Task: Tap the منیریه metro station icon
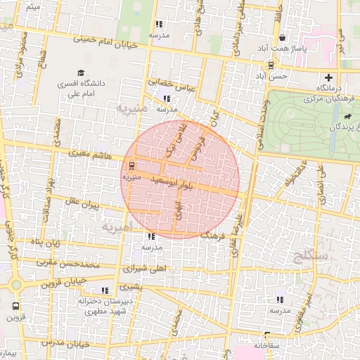[x=131, y=167]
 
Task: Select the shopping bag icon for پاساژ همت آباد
[x=283, y=38]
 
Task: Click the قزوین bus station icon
[x=16, y=307]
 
